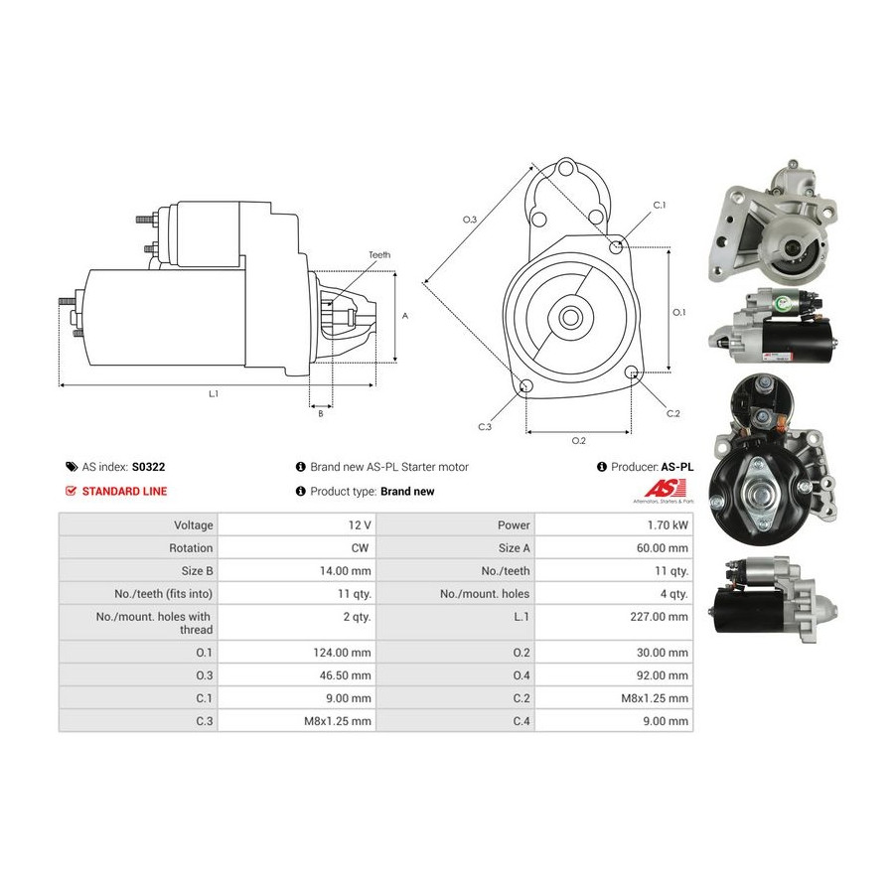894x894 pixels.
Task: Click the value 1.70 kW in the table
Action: click(x=668, y=525)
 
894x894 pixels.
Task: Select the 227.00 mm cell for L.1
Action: click(x=659, y=616)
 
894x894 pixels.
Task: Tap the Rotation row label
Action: click(x=191, y=548)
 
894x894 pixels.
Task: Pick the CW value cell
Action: click(x=360, y=548)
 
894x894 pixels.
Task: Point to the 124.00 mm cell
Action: click(x=342, y=653)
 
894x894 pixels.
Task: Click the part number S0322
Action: click(x=148, y=467)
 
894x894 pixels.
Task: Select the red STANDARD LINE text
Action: click(x=124, y=492)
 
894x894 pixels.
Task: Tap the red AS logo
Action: click(x=665, y=489)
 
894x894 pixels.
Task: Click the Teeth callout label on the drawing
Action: click(x=379, y=255)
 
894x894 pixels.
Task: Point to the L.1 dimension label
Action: click(x=214, y=394)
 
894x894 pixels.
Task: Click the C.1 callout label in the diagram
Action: click(x=660, y=206)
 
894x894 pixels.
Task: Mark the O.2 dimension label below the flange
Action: click(x=578, y=441)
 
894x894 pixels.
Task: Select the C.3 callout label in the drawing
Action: click(x=485, y=427)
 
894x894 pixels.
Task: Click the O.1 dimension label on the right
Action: click(x=679, y=313)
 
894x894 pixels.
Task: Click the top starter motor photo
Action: click(x=773, y=222)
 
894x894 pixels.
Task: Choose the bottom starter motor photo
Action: click(x=773, y=599)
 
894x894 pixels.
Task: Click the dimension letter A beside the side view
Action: click(x=405, y=316)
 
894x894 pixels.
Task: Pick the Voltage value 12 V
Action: click(x=360, y=525)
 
